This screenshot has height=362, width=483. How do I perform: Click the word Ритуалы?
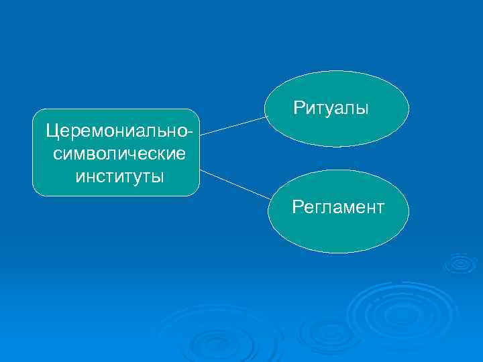click(331, 107)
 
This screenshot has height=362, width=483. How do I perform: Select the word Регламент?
click(338, 206)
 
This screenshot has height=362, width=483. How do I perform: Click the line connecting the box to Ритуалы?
click(233, 125)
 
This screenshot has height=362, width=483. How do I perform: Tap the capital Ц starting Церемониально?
click(50, 130)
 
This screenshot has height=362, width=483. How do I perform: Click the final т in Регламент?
click(380, 206)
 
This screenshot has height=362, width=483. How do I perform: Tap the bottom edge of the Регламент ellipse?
click(338, 252)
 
